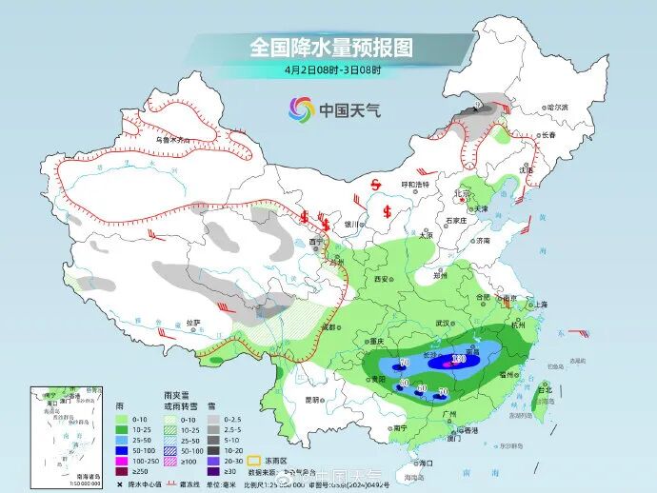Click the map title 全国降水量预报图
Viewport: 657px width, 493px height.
[330, 47]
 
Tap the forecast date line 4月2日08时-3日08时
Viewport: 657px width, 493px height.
[331, 69]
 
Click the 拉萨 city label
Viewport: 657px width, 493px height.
[193, 323]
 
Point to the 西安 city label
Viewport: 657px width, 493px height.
[382, 279]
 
